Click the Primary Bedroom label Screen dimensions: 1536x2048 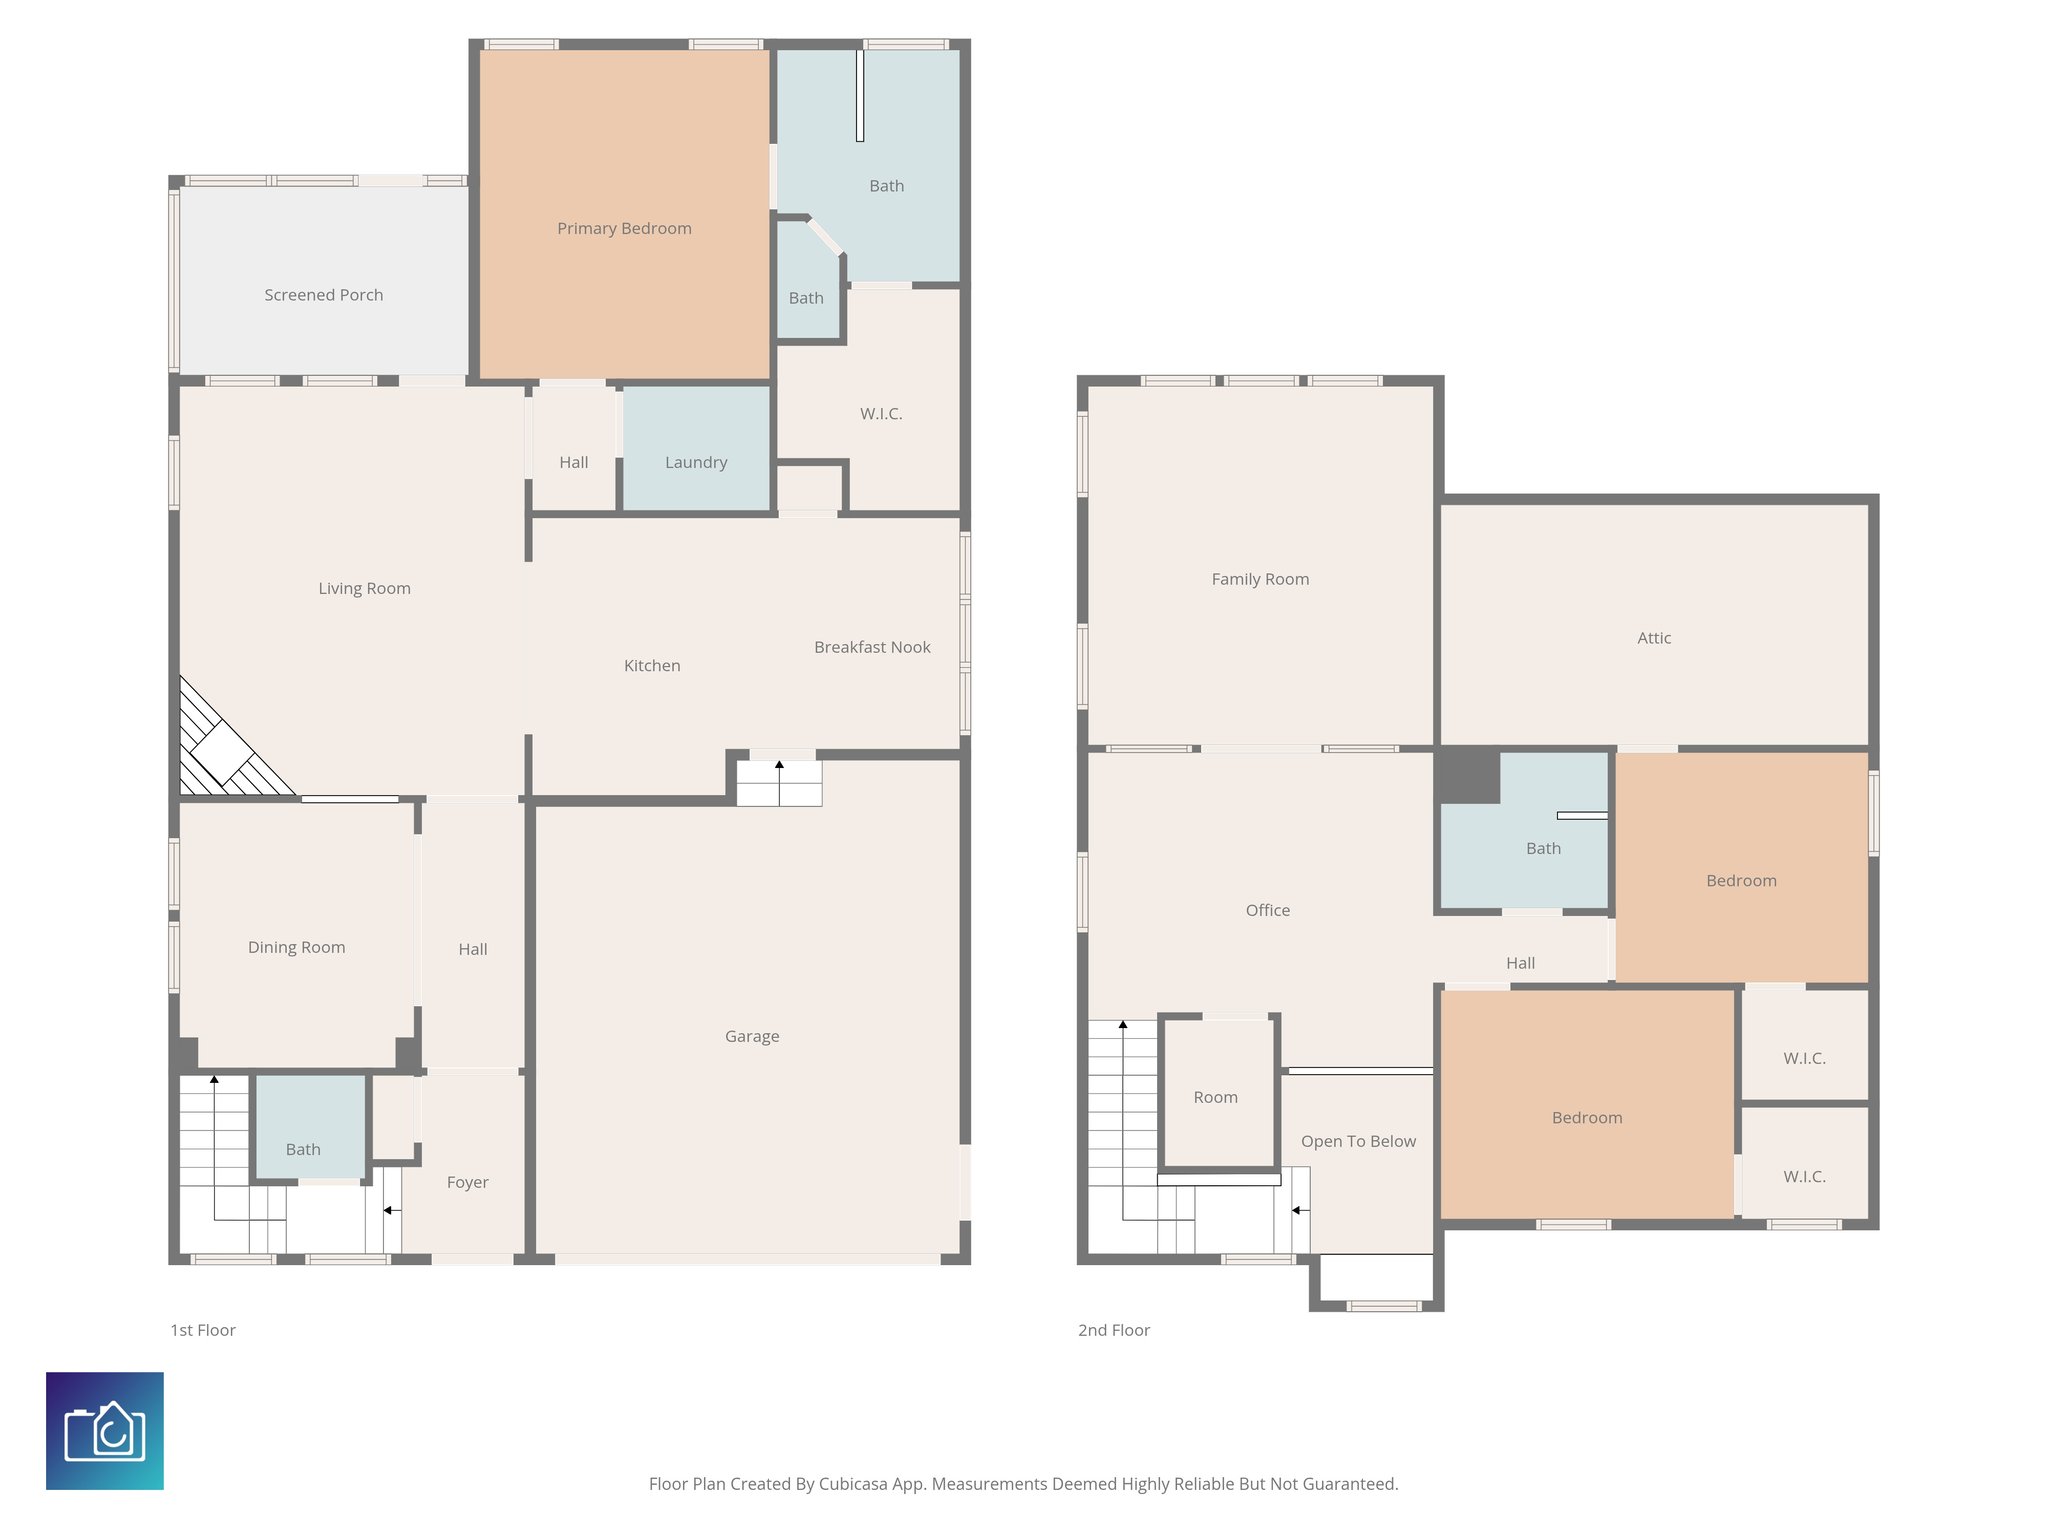tap(624, 228)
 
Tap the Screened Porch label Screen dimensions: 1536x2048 tap(323, 295)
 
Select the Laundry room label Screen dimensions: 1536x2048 tap(696, 462)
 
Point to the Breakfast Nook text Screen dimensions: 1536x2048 tap(872, 647)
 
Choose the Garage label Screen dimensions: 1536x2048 tap(752, 1036)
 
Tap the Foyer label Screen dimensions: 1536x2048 tap(467, 1182)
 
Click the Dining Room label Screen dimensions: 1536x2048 tap(296, 947)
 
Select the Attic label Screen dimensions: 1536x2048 tap(1654, 638)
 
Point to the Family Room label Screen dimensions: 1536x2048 tap(1260, 579)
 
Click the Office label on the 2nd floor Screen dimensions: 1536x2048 tap(1267, 910)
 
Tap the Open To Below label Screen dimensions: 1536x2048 tap(1358, 1141)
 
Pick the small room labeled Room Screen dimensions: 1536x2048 tap(1215, 1097)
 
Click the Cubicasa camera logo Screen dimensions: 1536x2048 tap(105, 1431)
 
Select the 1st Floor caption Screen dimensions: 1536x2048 tap(203, 1330)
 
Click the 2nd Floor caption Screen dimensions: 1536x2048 tap(1113, 1330)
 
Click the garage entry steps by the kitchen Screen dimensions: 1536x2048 tap(779, 783)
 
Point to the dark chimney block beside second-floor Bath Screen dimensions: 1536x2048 tap(1469, 776)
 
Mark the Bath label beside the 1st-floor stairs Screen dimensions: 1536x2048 tap(303, 1149)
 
